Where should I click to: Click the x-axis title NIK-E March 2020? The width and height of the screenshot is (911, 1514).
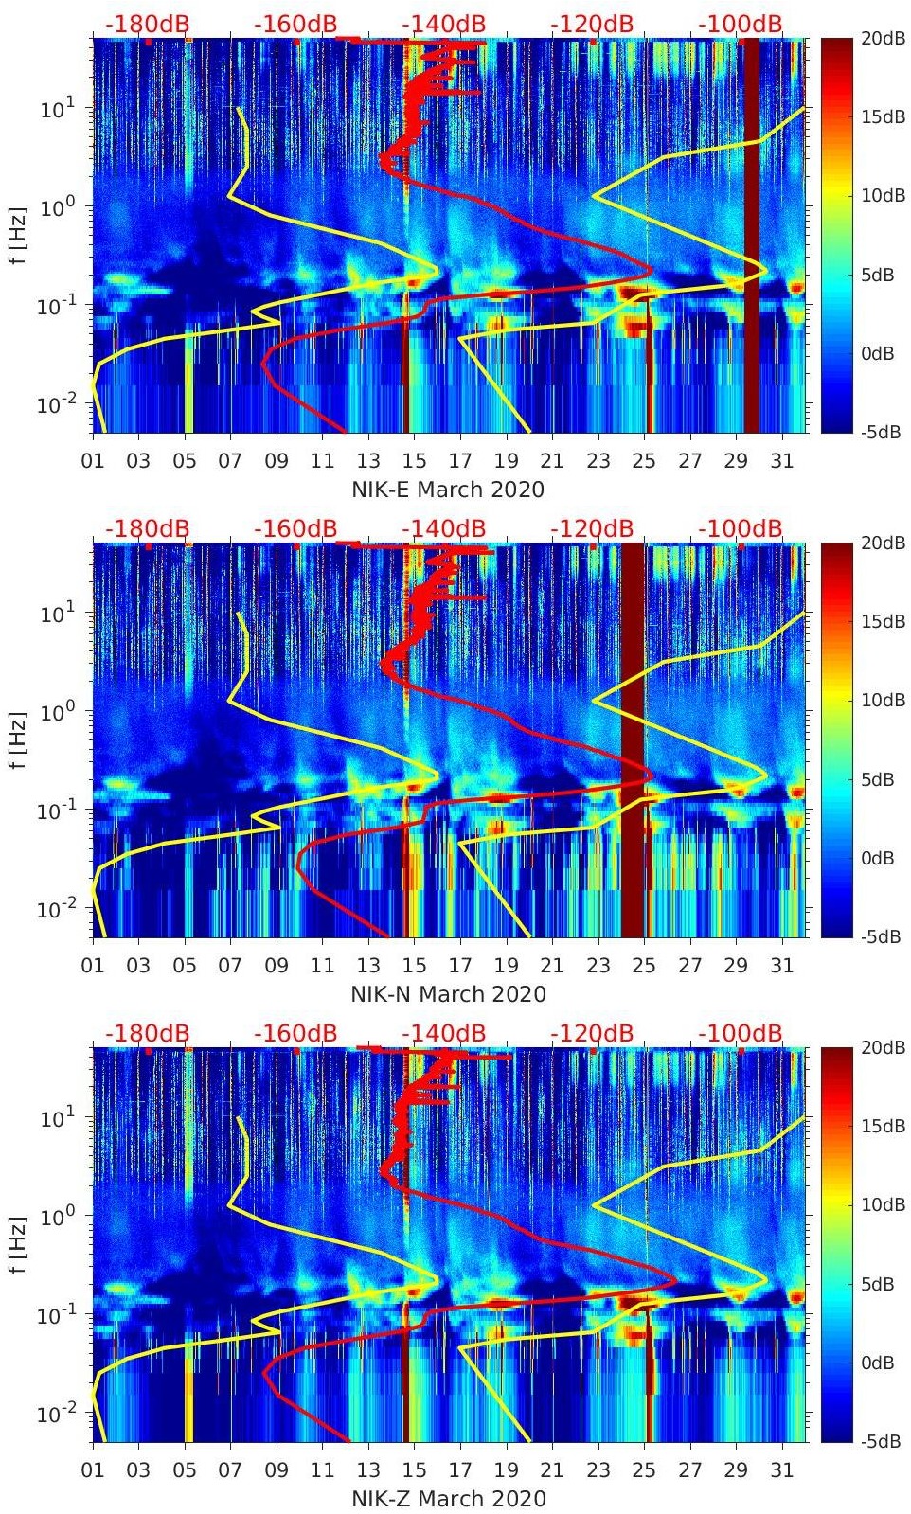click(448, 490)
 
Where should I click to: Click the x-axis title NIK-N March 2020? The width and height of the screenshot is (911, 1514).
click(448, 994)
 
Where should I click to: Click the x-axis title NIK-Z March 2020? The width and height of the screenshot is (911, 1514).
click(448, 1499)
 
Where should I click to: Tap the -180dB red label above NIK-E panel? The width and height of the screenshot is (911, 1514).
click(147, 24)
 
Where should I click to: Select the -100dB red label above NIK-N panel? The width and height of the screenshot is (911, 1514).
click(741, 528)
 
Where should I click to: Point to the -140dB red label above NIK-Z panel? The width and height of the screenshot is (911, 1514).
click(443, 1033)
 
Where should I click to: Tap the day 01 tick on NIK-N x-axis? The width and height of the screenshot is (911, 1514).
click(93, 966)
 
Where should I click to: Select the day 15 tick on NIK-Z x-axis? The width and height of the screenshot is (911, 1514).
click(414, 1470)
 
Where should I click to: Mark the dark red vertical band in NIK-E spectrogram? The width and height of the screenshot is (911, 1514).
click(751, 237)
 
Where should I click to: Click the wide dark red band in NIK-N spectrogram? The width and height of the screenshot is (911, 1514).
click(633, 739)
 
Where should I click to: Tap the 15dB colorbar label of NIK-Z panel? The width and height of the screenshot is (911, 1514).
click(882, 1126)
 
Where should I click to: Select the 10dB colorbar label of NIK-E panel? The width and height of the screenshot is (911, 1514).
click(882, 196)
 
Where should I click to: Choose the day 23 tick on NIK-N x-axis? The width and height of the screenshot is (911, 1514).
click(598, 966)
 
